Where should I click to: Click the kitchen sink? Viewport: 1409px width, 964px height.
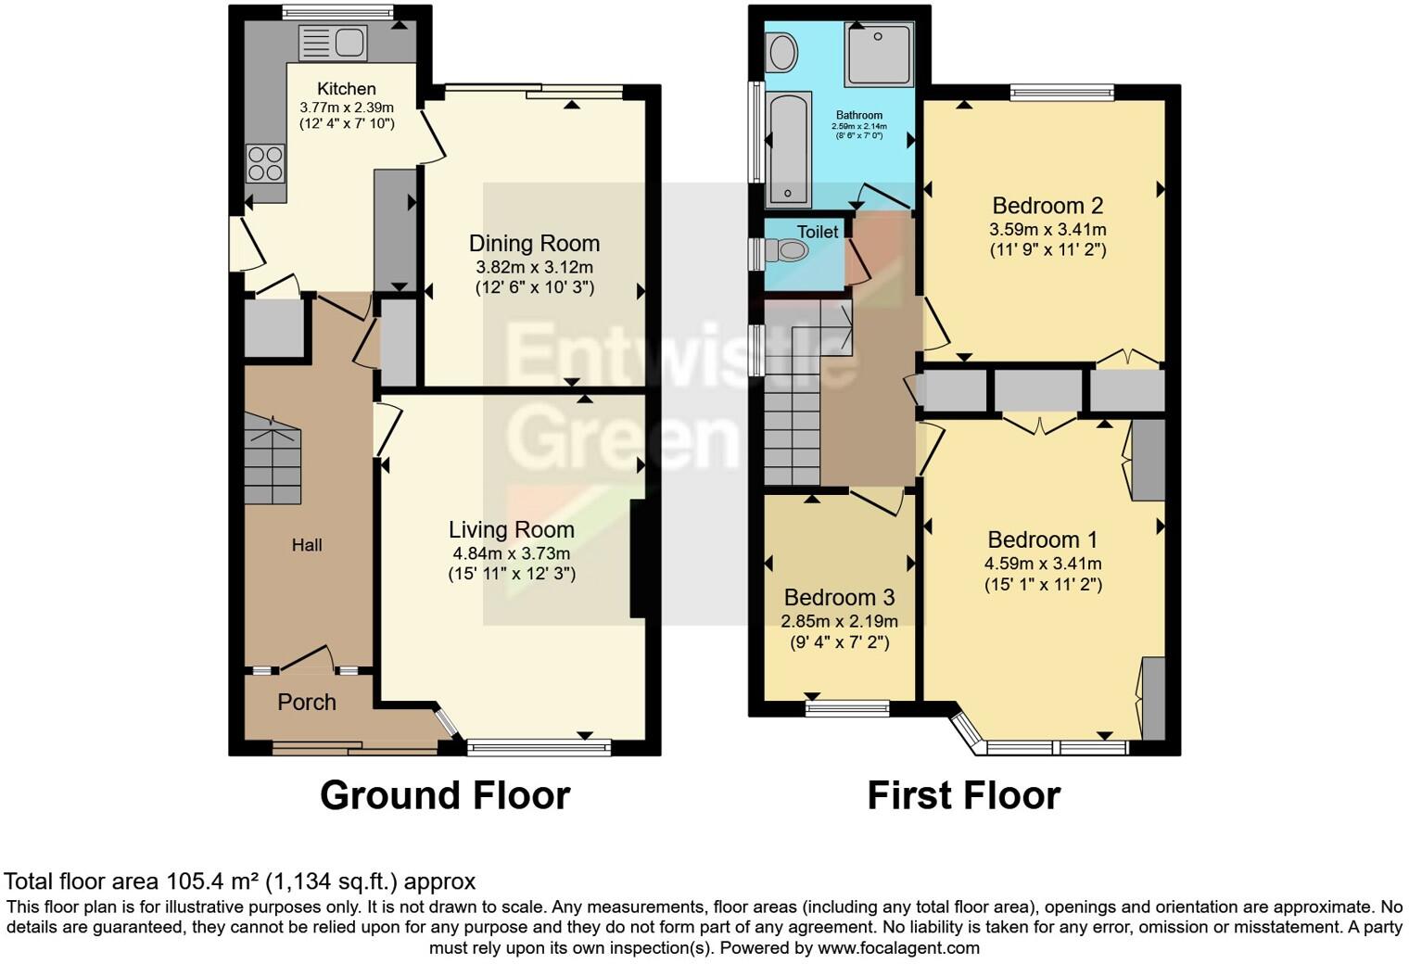333,43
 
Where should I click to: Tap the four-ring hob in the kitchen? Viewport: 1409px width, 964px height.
265,163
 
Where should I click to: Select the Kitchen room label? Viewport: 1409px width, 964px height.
347,89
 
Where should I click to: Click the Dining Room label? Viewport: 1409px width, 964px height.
534,244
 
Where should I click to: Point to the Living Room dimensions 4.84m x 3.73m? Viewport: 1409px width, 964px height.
511,553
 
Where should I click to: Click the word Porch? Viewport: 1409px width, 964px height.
307,703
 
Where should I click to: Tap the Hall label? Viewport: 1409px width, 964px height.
307,545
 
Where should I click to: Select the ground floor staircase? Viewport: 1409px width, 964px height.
273,459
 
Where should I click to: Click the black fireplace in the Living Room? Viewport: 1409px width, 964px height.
638,559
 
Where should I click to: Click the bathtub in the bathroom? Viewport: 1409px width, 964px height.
789,149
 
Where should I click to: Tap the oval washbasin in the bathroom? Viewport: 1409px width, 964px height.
782,53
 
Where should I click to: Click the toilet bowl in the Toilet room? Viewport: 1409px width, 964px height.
791,249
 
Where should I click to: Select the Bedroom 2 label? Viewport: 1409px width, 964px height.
1047,206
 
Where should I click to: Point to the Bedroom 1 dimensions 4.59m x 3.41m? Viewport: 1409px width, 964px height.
1043,564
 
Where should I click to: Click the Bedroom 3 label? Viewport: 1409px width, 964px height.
839,598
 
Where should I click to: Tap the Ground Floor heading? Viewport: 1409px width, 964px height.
445,796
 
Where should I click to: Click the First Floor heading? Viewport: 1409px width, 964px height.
963,796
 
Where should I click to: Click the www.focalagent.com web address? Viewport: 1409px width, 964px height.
896,948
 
